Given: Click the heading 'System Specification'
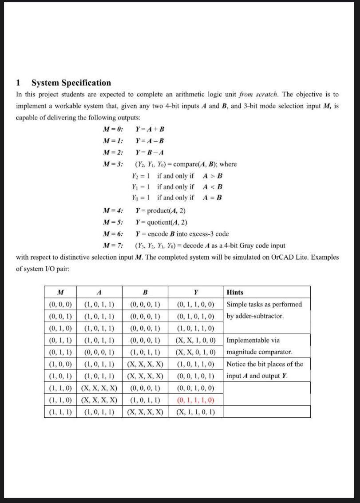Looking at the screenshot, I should (x=71, y=83).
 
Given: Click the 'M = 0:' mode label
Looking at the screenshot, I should (x=113, y=129).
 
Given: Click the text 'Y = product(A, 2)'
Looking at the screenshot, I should (x=160, y=210).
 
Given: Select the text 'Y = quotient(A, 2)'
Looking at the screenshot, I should (x=161, y=222).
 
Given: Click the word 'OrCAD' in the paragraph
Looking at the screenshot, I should (x=289, y=257).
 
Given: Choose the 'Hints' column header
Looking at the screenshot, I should (x=235, y=292).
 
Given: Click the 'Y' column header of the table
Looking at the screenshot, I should (x=195, y=292).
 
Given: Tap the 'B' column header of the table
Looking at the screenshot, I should (x=145, y=292).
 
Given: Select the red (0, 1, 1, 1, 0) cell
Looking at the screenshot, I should (x=195, y=400).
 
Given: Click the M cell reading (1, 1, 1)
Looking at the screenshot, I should (x=60, y=412).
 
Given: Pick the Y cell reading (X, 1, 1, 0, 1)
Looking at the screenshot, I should (x=195, y=412).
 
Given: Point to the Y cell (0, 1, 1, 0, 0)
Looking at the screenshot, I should (x=195, y=305).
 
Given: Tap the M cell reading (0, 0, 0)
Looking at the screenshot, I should (x=60, y=305).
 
